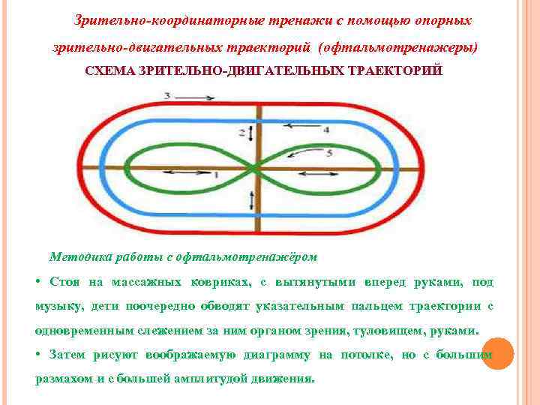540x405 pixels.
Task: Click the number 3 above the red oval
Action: pos(167,96)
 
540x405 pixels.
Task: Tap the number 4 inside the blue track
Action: pos(326,130)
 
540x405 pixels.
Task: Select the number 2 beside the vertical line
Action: pos(242,133)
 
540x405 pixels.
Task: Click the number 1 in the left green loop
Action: pos(217,175)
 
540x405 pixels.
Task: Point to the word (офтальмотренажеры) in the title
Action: pos(398,46)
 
